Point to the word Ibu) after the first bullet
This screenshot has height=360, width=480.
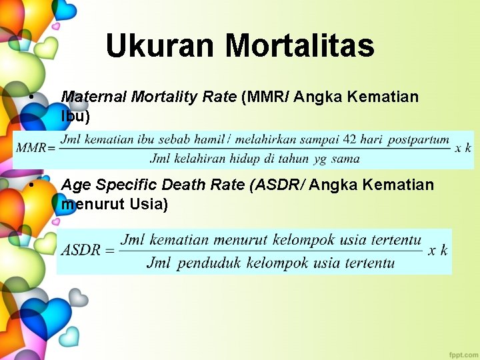[75, 116]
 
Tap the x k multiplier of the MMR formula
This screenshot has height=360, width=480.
[463, 148]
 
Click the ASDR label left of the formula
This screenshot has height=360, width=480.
[81, 251]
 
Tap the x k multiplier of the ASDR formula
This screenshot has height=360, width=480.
[438, 251]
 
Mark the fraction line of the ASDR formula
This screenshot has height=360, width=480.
[271, 251]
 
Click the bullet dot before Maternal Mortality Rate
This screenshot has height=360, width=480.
[32, 97]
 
